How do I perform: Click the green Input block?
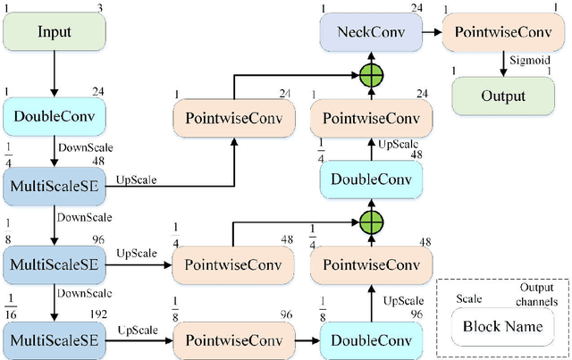54,31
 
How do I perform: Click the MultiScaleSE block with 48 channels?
53,185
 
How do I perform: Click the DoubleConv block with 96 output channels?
370,340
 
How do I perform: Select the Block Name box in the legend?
502,326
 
